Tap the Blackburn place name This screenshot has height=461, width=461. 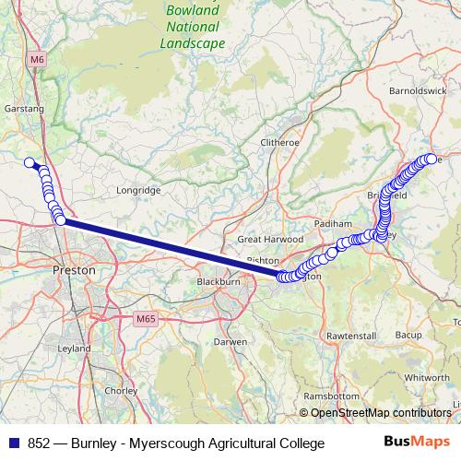(x=219, y=281)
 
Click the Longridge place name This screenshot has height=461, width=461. (x=138, y=190)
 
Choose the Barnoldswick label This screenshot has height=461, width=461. (x=416, y=92)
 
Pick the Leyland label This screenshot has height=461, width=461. (x=74, y=349)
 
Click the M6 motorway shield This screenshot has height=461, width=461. (x=37, y=60)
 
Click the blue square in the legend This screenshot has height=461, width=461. (x=15, y=443)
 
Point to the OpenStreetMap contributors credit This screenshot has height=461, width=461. (x=380, y=413)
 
